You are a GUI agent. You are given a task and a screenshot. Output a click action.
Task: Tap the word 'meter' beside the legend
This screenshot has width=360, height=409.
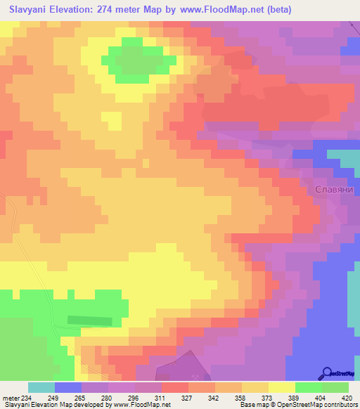pos(11,397)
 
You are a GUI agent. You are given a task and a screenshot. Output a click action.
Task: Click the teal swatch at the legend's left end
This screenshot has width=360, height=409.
pos(41,387)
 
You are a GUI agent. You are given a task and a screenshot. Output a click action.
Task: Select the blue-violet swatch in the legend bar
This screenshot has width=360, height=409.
pos(68,387)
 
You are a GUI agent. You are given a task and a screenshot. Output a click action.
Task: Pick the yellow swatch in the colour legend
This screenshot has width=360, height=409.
pos(282,387)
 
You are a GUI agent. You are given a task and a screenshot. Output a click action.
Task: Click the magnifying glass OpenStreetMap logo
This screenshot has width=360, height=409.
pos(328,372)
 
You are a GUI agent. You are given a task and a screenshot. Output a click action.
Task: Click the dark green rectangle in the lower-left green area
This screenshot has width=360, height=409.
pos(89,320)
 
